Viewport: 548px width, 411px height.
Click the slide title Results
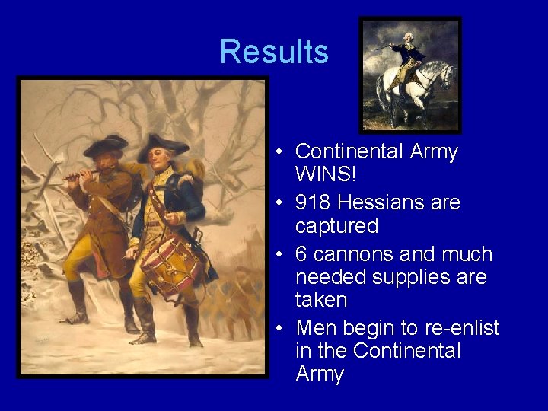[x=274, y=52]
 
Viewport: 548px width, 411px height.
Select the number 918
[x=314, y=202]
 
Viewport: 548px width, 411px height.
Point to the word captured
[x=336, y=226]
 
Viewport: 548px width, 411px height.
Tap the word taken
[x=321, y=300]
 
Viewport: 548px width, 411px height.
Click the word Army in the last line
[x=320, y=374]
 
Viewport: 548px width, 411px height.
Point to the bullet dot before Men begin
[x=280, y=328]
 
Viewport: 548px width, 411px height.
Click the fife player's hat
[x=106, y=144]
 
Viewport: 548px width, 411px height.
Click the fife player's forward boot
[x=77, y=304]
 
